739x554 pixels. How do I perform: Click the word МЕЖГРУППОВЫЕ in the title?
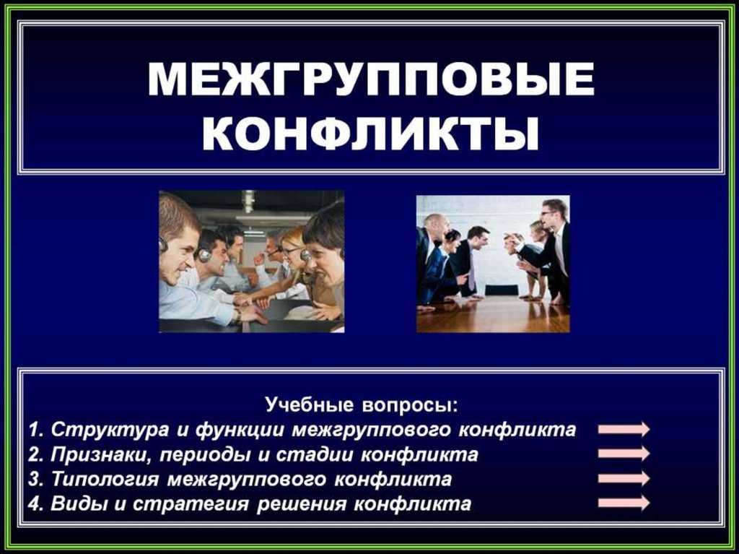click(x=371, y=79)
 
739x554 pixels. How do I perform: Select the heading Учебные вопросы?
click(x=362, y=405)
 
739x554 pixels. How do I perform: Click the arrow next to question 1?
click(x=624, y=429)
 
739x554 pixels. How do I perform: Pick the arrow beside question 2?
click(x=624, y=454)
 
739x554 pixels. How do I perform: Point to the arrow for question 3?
click(x=624, y=478)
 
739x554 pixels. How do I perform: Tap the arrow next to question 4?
click(x=624, y=503)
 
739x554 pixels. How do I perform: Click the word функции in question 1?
click(x=240, y=430)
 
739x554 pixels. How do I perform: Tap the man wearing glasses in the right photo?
click(x=556, y=246)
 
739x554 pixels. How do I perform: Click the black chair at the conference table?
click(x=502, y=290)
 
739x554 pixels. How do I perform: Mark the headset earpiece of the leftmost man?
click(x=163, y=243)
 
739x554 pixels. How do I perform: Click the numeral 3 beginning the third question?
click(x=33, y=479)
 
